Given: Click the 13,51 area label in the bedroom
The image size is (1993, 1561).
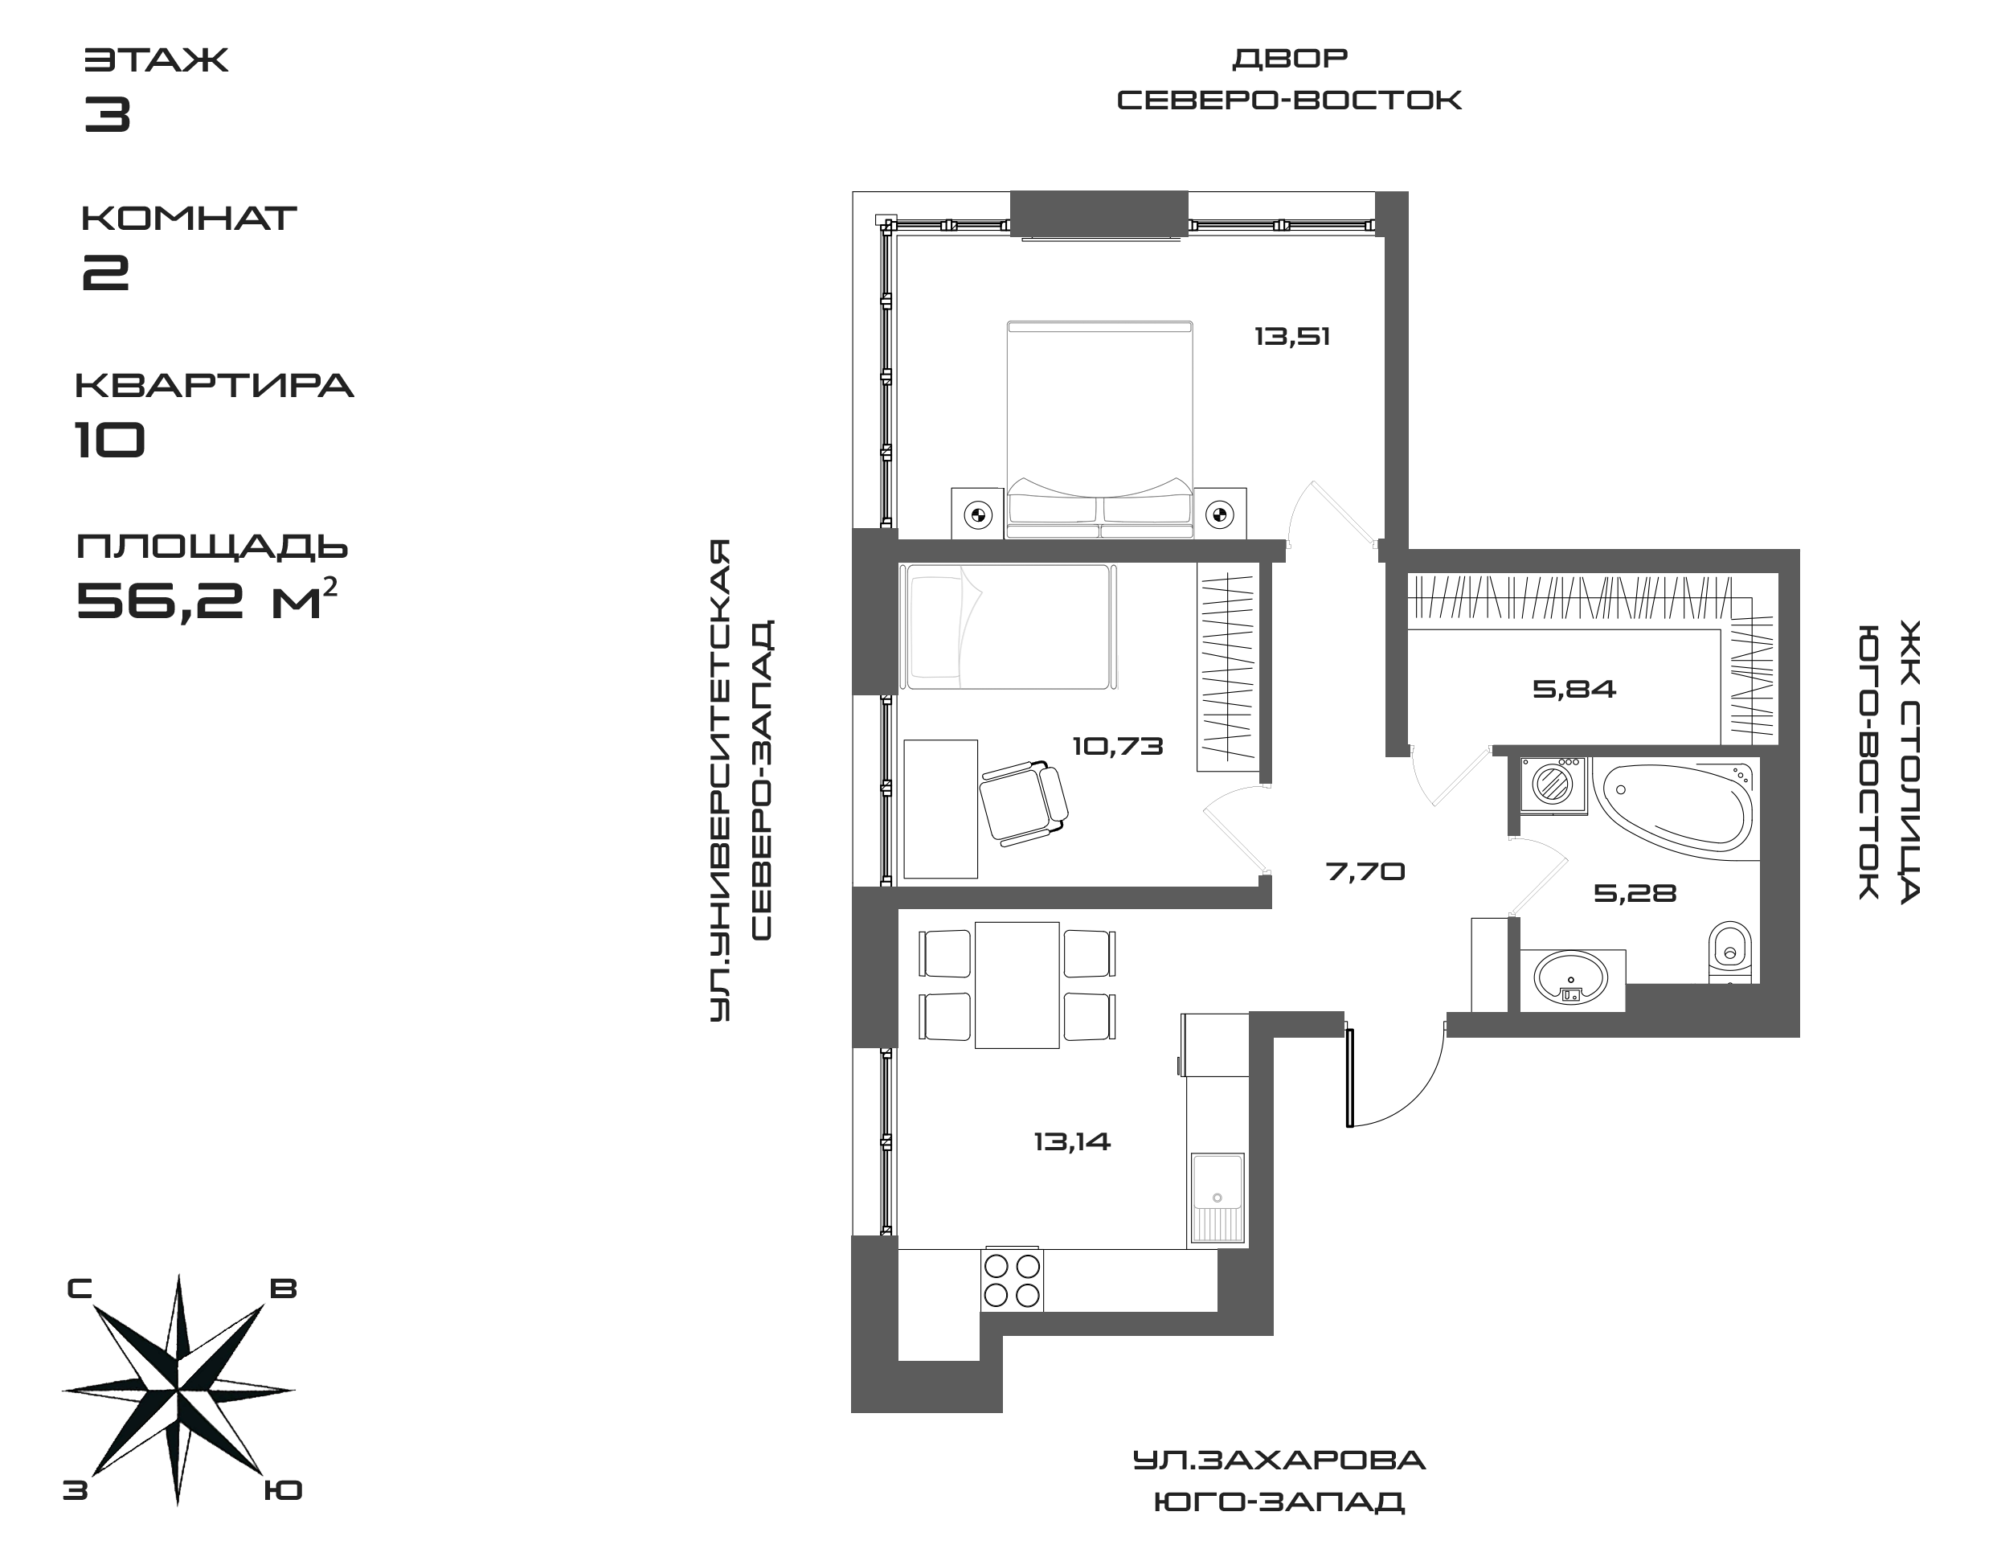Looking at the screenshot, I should click(1291, 338).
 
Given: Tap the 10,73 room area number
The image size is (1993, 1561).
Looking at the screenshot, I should click(1118, 747).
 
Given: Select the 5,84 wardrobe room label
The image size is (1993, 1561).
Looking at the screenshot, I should click(1574, 689).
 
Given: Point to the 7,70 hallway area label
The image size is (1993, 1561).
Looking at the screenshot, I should click(1365, 872).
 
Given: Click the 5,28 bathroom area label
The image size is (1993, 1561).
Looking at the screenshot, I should click(1635, 893).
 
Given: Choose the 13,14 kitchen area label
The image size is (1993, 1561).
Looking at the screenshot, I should click(1072, 1141).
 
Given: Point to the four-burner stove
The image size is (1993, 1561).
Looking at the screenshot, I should click(1012, 1280).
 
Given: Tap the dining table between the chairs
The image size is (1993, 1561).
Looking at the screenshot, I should click(1017, 985).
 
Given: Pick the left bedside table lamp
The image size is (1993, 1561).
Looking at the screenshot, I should click(978, 515).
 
